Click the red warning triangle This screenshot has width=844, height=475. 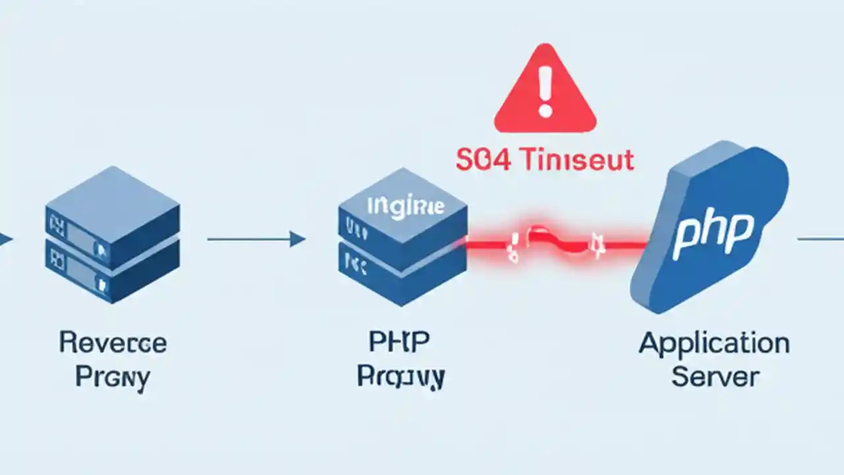545,92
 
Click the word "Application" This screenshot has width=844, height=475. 714,344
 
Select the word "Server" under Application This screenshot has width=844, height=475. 715,377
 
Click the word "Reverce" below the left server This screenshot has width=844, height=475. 113,343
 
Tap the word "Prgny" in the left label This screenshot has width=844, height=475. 113,377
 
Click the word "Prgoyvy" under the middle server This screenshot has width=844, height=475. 401,377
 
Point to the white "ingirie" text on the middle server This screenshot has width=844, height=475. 404,206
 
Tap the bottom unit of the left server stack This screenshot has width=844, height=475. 112,270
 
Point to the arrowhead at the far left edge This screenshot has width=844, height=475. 5,239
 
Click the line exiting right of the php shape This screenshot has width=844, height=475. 820,239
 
